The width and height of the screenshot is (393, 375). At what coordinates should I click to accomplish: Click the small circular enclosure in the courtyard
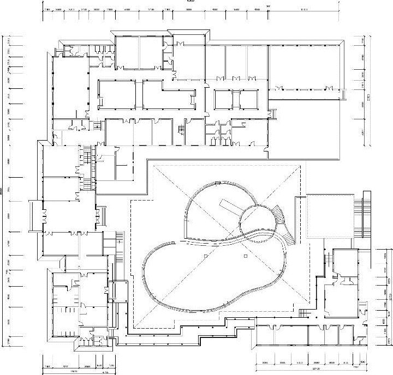[x=257, y=219]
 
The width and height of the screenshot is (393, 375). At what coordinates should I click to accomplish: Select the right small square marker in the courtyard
[x=246, y=255]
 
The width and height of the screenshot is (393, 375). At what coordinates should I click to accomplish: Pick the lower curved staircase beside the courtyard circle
[x=288, y=235]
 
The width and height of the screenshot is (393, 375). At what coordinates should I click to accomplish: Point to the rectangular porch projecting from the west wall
[x=34, y=216]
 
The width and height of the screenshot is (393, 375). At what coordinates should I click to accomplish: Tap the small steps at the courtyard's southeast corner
[x=303, y=313]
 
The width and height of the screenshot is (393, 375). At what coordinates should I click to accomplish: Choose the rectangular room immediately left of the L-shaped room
[x=116, y=94]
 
